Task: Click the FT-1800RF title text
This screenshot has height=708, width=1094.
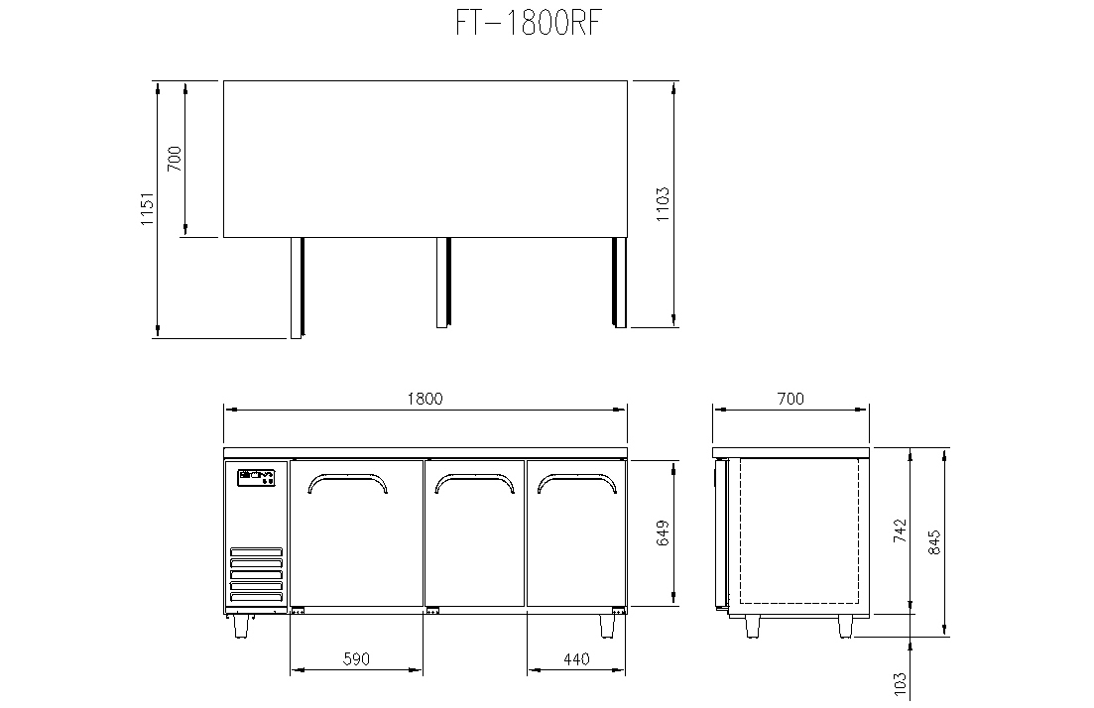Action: click(x=529, y=23)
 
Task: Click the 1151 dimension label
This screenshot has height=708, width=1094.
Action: click(x=147, y=208)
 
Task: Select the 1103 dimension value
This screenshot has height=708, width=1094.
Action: click(x=663, y=203)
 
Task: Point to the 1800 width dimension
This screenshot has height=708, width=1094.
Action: click(x=425, y=399)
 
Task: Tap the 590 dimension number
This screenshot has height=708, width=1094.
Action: click(x=356, y=658)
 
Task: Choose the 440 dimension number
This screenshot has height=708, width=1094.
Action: click(x=576, y=658)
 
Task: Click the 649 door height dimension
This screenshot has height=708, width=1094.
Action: click(x=663, y=532)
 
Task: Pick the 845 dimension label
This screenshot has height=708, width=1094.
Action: click(x=934, y=542)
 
